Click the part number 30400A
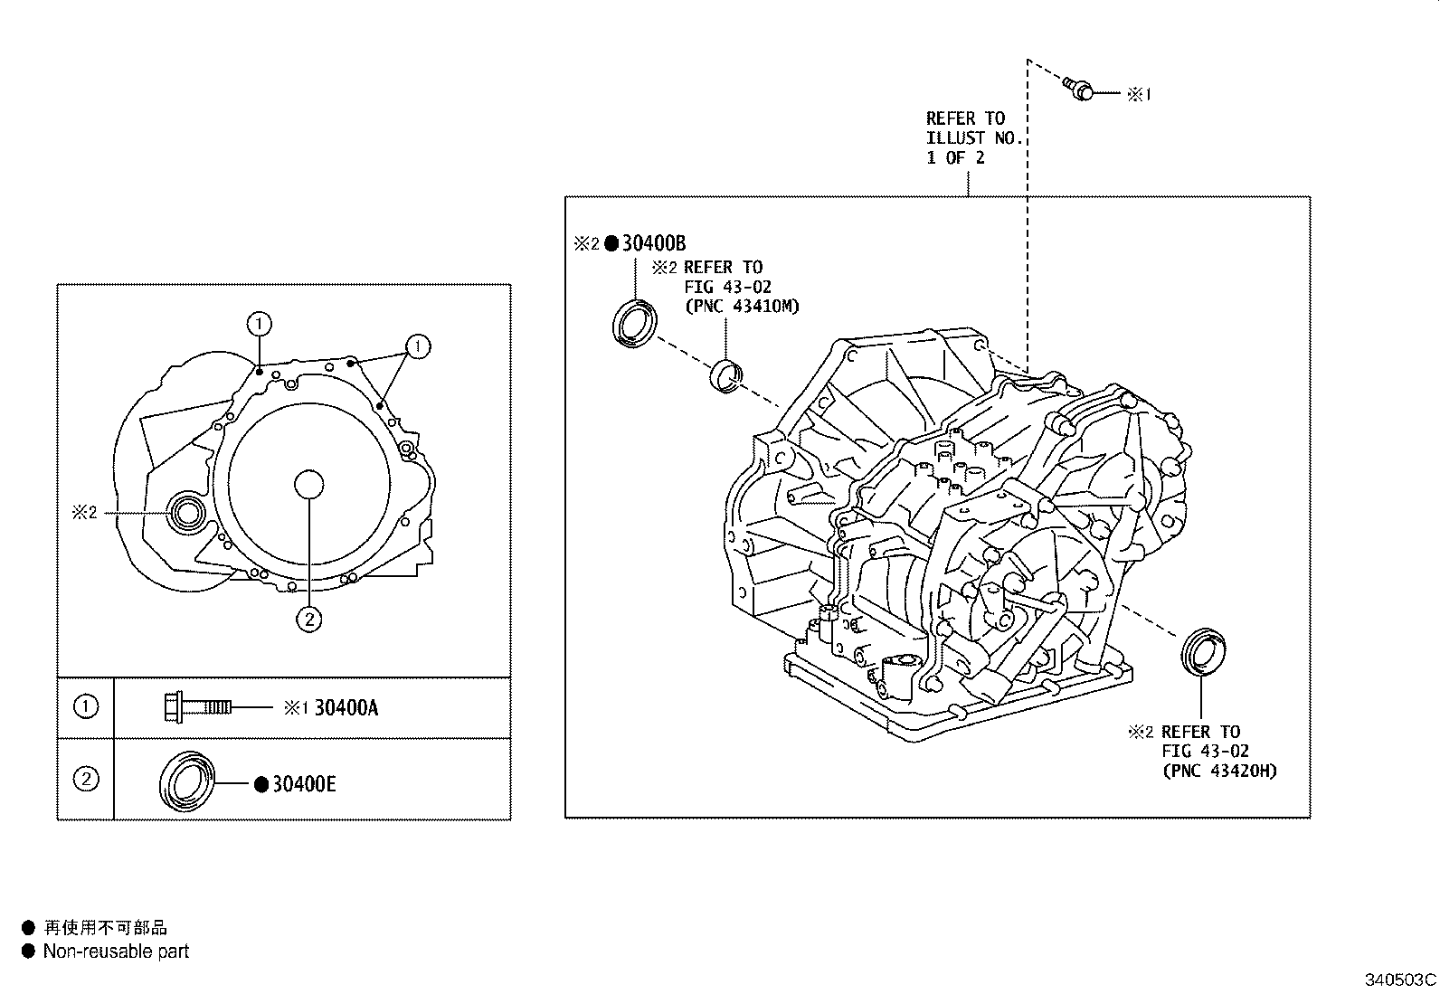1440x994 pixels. [346, 707]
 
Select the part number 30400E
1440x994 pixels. [304, 784]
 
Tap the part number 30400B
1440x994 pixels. [653, 242]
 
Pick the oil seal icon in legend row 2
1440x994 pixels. [188, 779]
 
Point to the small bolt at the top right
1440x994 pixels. [1080, 89]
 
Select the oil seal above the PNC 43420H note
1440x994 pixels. [1203, 649]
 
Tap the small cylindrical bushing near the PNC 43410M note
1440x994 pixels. [726, 374]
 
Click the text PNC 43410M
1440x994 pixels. [742, 307]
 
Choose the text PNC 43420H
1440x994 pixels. [1219, 771]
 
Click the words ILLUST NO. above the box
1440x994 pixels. [974, 137]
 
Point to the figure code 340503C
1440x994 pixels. [1400, 980]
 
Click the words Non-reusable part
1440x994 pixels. [116, 951]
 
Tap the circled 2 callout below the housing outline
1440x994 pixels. [309, 619]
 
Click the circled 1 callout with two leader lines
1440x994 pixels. [418, 346]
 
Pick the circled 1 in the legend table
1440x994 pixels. [85, 705]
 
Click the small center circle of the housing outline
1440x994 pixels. [309, 485]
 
